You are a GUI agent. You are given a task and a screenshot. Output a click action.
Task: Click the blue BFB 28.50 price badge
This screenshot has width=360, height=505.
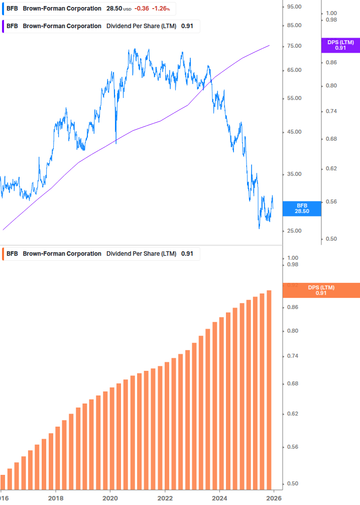coord(302,209)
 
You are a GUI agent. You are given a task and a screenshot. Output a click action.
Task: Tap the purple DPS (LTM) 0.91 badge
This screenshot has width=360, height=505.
coord(340,45)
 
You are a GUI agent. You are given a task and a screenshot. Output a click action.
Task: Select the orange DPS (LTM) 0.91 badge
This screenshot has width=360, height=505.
coord(321,290)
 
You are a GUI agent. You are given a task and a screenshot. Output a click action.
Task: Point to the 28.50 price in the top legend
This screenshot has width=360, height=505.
coord(114,9)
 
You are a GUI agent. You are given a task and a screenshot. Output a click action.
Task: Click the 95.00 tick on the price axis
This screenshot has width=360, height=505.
coord(294,7)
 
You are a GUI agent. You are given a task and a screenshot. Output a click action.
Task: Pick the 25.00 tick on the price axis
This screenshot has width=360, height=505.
coord(294,231)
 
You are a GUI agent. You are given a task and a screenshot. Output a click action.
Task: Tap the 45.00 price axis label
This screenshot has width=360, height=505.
coord(294,132)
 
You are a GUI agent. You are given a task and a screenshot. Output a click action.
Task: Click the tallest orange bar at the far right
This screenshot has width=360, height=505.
coord(269,389)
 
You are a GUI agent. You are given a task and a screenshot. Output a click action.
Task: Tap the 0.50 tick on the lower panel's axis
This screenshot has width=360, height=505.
coord(293,484)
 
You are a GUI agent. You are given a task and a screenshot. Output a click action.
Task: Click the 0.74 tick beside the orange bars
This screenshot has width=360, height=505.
coord(293,356)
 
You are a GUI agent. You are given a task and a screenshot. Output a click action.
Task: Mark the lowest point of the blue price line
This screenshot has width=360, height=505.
coord(260,228)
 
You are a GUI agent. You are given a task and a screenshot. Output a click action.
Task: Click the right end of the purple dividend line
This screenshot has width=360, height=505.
coord(270,45)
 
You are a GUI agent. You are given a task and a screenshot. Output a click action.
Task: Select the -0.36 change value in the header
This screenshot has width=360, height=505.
coord(142,9)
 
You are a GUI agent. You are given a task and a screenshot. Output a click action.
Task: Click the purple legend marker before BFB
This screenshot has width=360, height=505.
coord(4,26)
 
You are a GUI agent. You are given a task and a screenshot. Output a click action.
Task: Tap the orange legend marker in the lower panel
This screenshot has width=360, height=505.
coord(4,254)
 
